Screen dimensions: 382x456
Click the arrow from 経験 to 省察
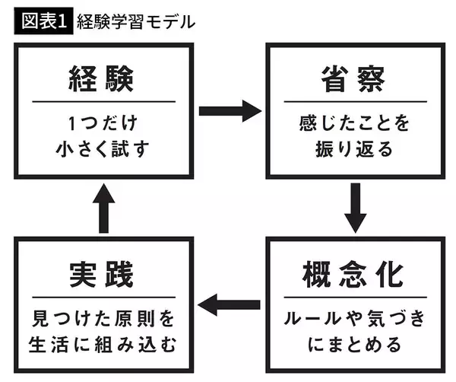pyautogui.click(x=228, y=110)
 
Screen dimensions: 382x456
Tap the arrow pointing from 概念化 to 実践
pyautogui.click(x=228, y=306)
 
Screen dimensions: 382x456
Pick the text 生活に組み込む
pyautogui.click(x=105, y=345)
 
